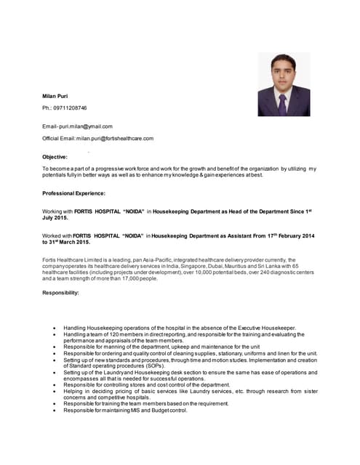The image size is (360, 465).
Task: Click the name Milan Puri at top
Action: pyautogui.click(x=55, y=94)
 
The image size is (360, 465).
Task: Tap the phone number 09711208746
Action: pyautogui.click(x=68, y=108)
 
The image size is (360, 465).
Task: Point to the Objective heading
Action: pyautogui.click(x=55, y=157)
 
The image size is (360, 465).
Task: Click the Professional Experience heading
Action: pyautogui.click(x=73, y=193)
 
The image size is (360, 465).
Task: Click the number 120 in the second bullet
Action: pyautogui.click(x=103, y=334)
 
